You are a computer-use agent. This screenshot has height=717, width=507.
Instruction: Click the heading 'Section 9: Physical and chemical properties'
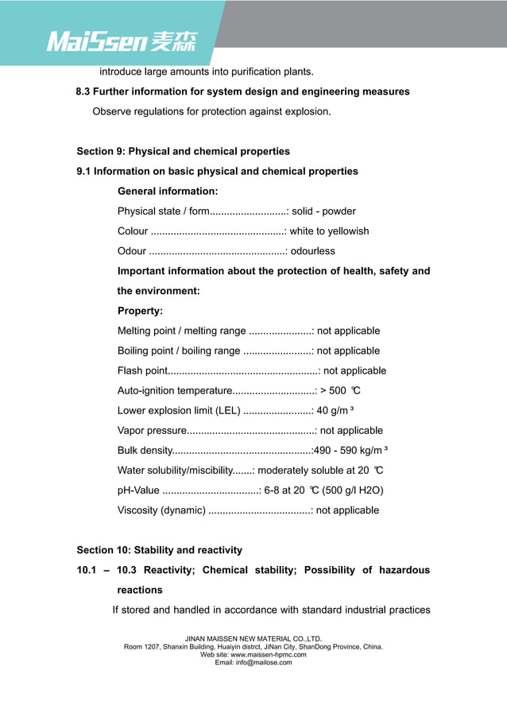pos(183,151)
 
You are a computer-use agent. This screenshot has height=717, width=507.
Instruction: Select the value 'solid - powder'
pos(323,211)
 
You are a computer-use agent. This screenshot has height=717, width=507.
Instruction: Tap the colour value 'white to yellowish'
pos(329,231)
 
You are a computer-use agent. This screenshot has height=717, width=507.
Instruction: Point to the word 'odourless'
pos(313,251)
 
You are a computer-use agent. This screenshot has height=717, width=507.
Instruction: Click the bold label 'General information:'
pos(168,192)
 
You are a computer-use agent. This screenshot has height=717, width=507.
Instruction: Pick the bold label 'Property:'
pos(140,311)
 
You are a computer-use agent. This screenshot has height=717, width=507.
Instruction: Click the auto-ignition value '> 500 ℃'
pos(340,390)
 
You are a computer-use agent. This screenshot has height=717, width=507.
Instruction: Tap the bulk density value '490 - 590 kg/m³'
pos(350,451)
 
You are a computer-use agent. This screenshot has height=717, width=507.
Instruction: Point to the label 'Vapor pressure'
pos(151,431)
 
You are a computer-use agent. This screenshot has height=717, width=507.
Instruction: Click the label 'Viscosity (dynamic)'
pos(161,510)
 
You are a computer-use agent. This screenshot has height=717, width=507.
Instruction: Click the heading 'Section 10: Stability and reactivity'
pos(159,550)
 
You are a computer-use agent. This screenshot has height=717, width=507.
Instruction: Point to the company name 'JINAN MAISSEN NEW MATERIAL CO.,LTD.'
pos(253,638)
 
